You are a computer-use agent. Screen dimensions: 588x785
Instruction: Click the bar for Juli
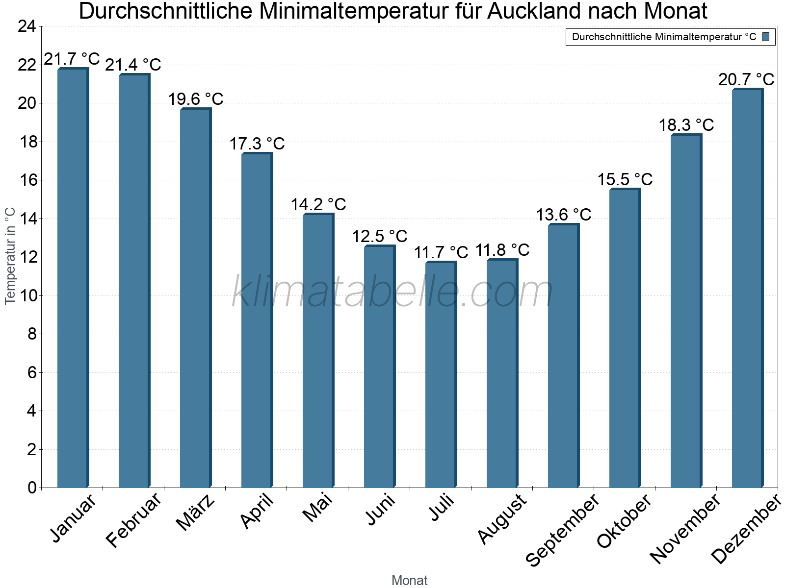(x=441, y=374)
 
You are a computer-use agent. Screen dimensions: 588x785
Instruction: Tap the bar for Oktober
(x=625, y=338)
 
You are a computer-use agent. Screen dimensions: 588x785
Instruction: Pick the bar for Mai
(x=318, y=350)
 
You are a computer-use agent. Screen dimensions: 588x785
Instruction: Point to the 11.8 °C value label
(x=502, y=250)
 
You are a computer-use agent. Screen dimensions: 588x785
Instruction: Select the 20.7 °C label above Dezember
(x=746, y=79)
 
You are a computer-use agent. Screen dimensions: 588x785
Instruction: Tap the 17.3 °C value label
(x=257, y=144)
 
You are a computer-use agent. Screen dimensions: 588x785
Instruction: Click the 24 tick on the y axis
(x=27, y=26)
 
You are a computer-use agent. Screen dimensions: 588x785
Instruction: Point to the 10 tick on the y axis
(x=27, y=295)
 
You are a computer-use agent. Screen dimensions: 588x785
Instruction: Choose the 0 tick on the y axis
(x=32, y=488)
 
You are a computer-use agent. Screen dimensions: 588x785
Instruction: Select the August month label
(x=502, y=519)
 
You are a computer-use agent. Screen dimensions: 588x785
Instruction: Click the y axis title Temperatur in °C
(x=10, y=256)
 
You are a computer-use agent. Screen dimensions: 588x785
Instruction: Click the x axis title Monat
(x=409, y=581)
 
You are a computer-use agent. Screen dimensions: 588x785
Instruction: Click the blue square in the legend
(x=766, y=37)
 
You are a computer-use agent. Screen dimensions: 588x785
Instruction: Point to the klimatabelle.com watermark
(x=392, y=292)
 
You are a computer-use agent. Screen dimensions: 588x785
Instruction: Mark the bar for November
(x=686, y=311)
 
